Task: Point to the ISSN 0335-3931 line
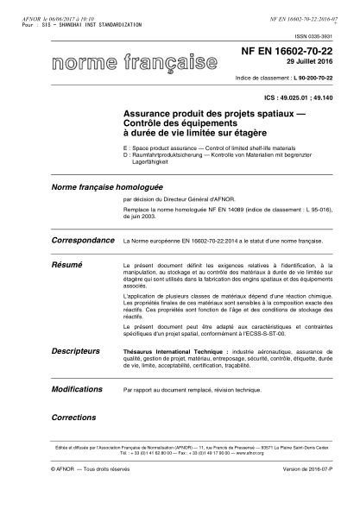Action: pos(313,37)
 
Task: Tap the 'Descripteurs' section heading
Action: pos(75,352)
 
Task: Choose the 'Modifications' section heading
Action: pos(78,389)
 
